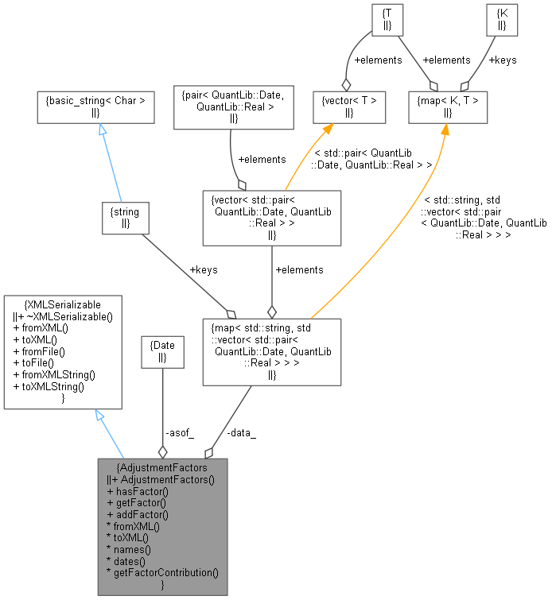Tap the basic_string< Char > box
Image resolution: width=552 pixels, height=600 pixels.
[x=96, y=108]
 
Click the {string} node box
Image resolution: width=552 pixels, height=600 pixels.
[x=126, y=218]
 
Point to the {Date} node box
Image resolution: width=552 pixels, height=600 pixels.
[x=162, y=352]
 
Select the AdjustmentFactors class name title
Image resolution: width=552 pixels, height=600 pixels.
[x=162, y=467]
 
